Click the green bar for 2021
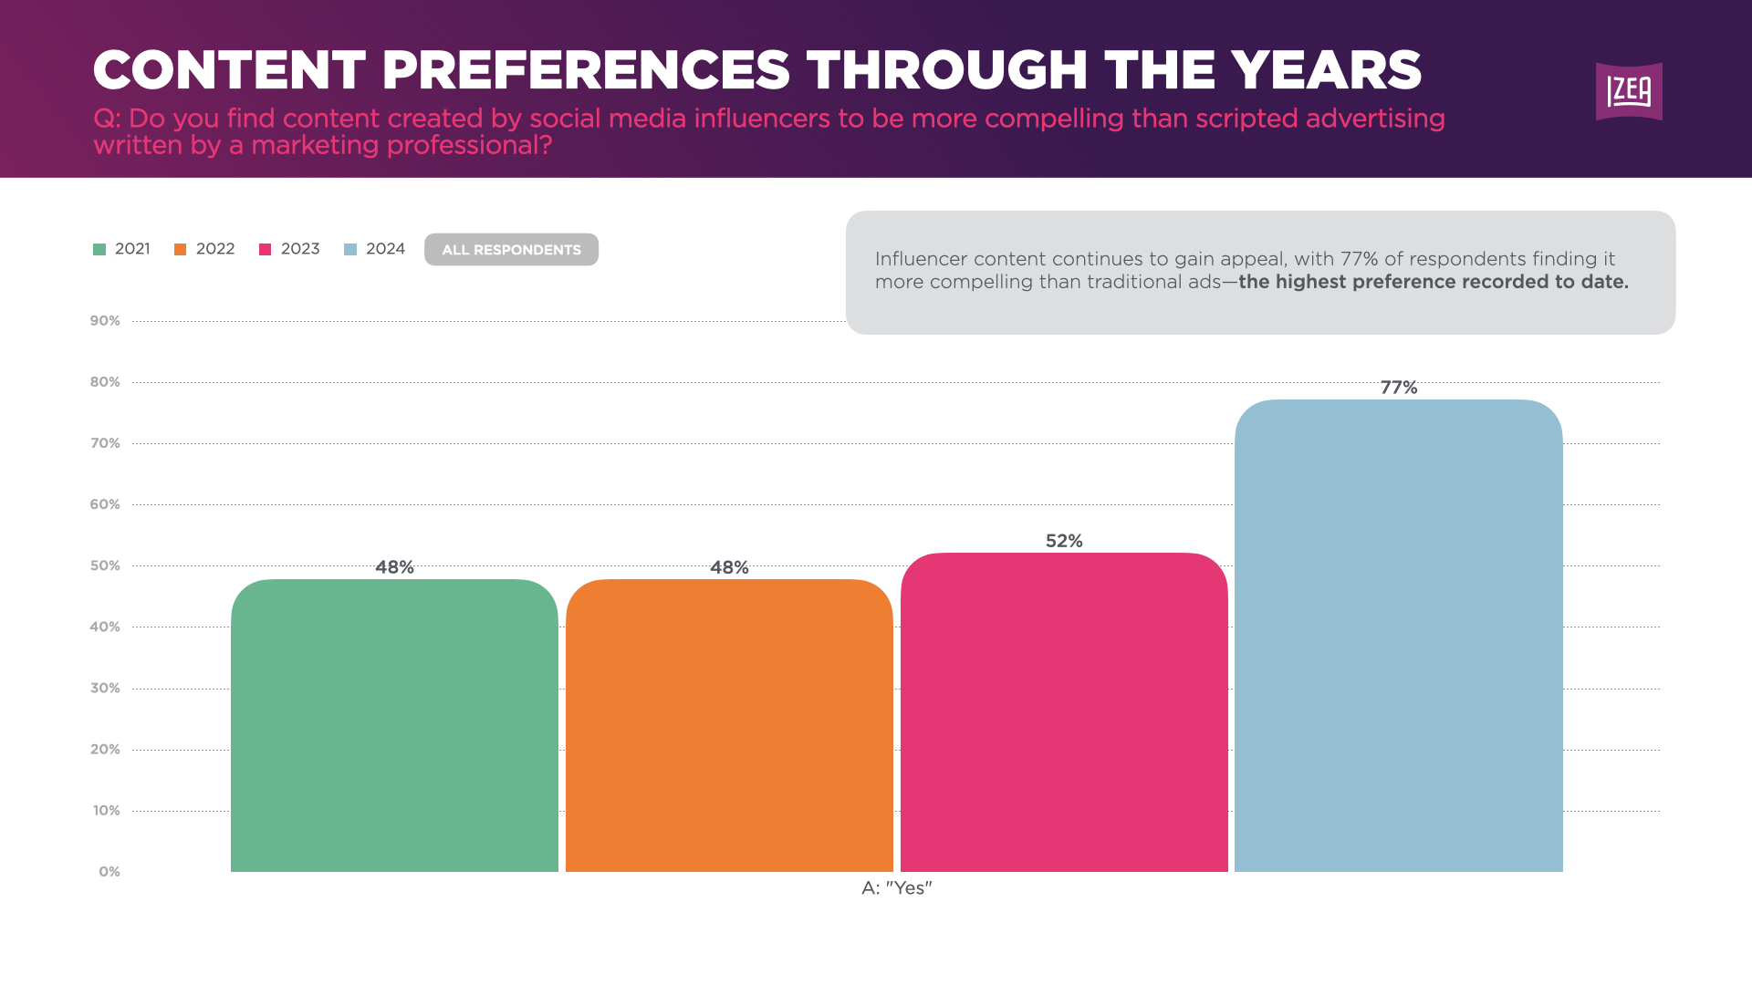coord(394,725)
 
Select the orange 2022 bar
coord(729,725)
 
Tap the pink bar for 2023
coord(1064,711)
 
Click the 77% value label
coord(1398,388)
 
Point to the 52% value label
coord(1064,541)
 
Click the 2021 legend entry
coord(122,249)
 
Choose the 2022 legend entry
coord(205,249)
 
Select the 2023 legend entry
coord(290,249)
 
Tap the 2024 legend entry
coord(375,249)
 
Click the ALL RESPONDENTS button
coord(511,250)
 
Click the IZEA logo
coord(1629,91)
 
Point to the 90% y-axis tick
coord(105,321)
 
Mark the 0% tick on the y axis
coord(109,872)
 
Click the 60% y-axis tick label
coord(105,504)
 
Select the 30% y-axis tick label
coord(105,688)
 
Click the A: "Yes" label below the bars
coord(896,888)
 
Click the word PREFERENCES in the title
coord(586,70)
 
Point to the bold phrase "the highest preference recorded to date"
coord(1433,282)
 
